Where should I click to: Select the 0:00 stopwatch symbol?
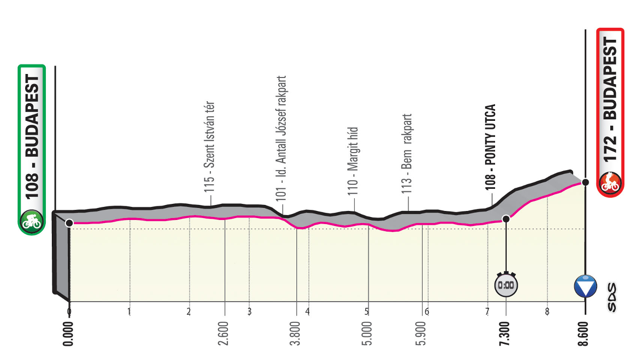[x=506, y=285]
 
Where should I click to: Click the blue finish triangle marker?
[x=586, y=285]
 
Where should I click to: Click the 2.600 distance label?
[x=224, y=333]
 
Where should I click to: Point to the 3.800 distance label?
[x=296, y=333]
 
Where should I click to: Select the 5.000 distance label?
[x=368, y=333]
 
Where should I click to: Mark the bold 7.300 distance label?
[x=506, y=333]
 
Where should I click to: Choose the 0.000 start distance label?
[x=69, y=333]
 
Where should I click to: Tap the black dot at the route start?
[x=69, y=222]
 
